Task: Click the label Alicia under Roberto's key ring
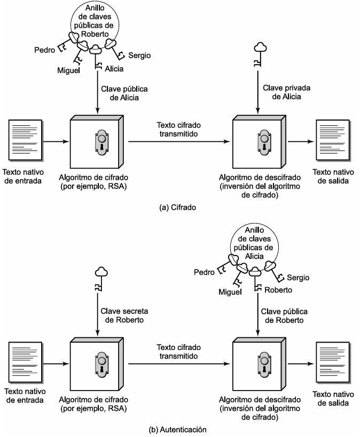[114, 68]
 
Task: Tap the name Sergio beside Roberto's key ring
[139, 55]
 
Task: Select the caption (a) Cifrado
[177, 208]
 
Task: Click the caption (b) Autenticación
[178, 430]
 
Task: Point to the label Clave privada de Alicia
[287, 92]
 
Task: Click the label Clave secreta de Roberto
[124, 315]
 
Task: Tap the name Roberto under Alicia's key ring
[278, 290]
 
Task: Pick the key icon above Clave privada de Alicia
[260, 54]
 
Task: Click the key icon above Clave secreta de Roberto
[101, 279]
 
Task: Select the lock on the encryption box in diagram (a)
[101, 142]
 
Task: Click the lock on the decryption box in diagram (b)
[264, 364]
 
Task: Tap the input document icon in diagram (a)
[26, 140]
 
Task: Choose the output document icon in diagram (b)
[333, 363]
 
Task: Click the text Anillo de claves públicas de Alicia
[254, 243]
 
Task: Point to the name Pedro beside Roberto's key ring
[45, 50]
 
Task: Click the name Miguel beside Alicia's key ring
[230, 292]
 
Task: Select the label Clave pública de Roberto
[284, 316]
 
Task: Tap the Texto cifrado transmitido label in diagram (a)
[178, 129]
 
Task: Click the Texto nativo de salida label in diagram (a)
[333, 176]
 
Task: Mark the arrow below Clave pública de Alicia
[97, 92]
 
